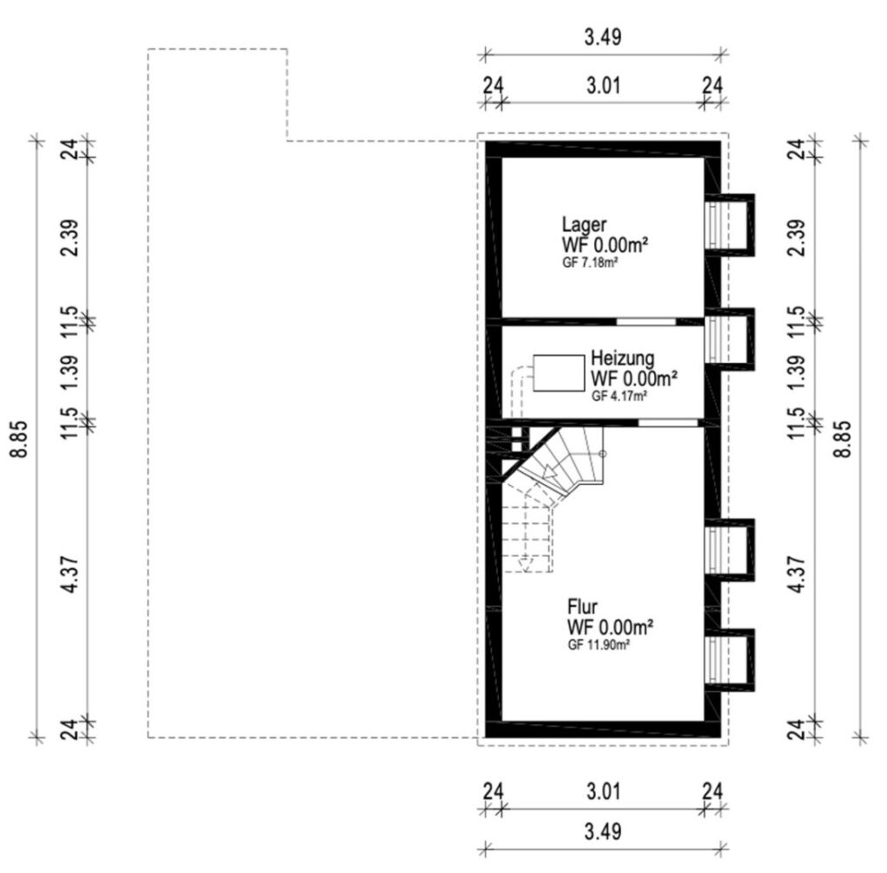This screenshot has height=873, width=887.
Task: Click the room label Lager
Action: coord(584,224)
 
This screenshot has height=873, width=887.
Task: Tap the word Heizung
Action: coord(623,358)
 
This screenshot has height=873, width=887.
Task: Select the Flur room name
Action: coord(582,607)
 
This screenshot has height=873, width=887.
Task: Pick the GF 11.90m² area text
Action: coord(599,644)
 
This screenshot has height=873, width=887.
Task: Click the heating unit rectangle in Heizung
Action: coord(559,373)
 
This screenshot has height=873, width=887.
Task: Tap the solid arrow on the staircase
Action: coord(548,472)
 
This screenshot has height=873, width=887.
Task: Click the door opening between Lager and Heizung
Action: coord(646,321)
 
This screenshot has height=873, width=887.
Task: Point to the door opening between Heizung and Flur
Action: coord(668,423)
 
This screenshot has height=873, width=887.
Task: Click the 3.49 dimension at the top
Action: coord(603,36)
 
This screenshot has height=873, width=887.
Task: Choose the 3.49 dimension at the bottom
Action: coord(603,831)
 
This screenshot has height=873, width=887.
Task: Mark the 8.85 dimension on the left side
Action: coord(21,439)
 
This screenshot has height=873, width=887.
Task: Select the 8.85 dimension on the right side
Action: coord(844,439)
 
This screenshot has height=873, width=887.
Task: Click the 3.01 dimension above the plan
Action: coord(603,86)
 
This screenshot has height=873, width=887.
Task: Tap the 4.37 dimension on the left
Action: coord(71,574)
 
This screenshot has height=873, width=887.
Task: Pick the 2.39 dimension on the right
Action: coord(796,237)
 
